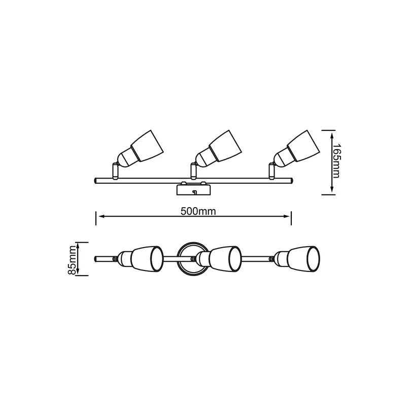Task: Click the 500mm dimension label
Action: coord(198,212)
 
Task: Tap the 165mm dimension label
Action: coord(336,161)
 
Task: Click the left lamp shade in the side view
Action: coord(147,146)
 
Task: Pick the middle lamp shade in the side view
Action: coord(225,146)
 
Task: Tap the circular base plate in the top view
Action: coord(192,259)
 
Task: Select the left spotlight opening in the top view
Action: coord(157,259)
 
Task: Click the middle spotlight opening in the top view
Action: coord(235,259)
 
